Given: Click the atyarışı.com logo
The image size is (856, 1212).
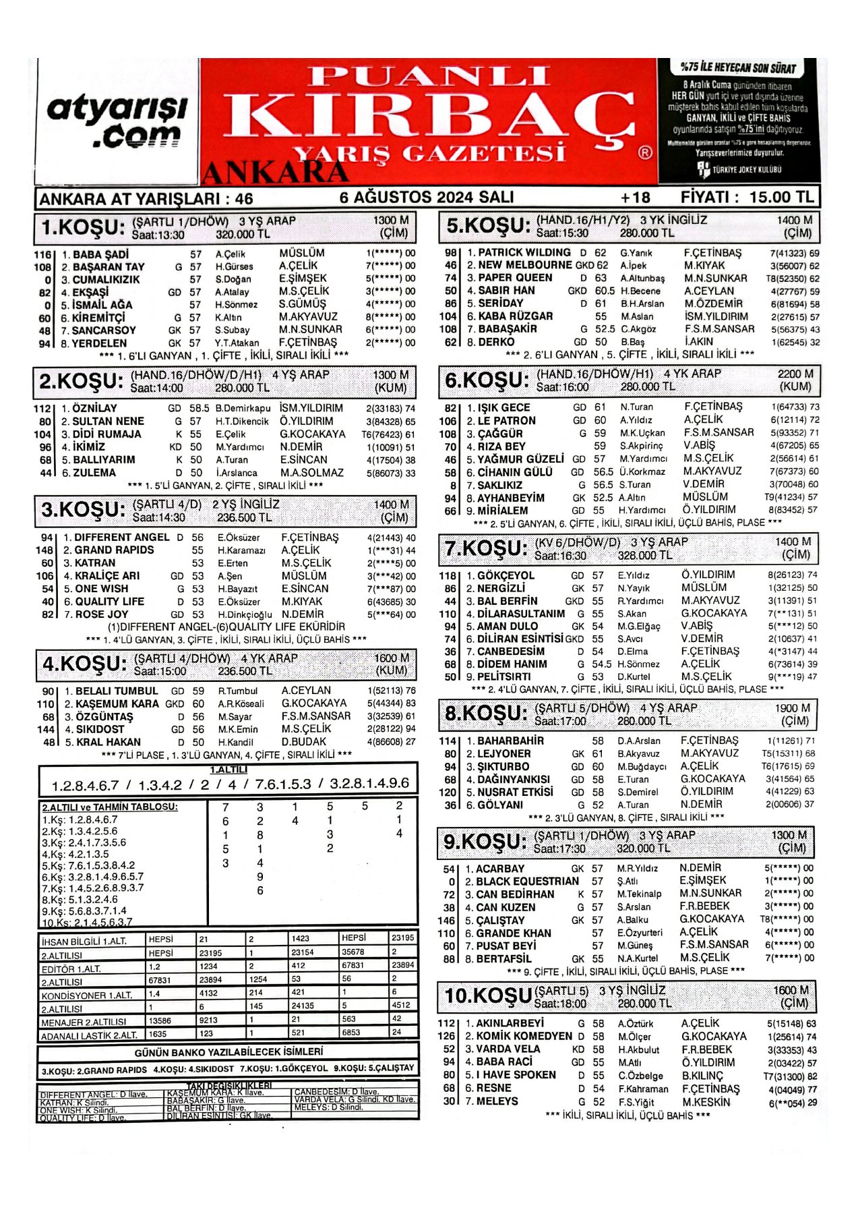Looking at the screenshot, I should pyautogui.click(x=117, y=121).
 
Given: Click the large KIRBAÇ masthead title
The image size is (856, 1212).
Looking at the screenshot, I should pyautogui.click(x=430, y=115).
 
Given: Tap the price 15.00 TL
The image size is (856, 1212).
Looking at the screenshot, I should pyautogui.click(x=781, y=197).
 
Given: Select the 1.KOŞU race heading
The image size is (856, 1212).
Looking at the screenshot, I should pyautogui.click(x=82, y=228).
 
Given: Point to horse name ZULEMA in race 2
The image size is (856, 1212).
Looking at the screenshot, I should pyautogui.click(x=94, y=473).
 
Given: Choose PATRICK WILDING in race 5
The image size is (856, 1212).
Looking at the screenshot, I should pyautogui.click(x=524, y=252).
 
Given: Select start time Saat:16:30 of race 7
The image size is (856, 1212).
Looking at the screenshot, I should pyautogui.click(x=560, y=556).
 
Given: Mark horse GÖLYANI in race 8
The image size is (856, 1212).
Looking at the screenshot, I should pyautogui.click(x=500, y=805).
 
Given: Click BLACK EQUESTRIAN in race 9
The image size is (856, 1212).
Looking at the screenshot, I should pyautogui.click(x=527, y=882).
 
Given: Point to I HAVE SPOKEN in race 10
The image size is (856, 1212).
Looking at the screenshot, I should pyautogui.click(x=517, y=1075).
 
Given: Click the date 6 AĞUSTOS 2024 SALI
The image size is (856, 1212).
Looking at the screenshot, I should pyautogui.click(x=427, y=197).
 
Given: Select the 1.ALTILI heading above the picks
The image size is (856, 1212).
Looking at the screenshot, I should pyautogui.click(x=228, y=770).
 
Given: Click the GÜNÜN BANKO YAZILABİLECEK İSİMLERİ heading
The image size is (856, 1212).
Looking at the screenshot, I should pyautogui.click(x=228, y=1051).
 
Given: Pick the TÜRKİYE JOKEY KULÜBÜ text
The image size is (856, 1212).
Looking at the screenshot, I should pyautogui.click(x=746, y=169).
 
